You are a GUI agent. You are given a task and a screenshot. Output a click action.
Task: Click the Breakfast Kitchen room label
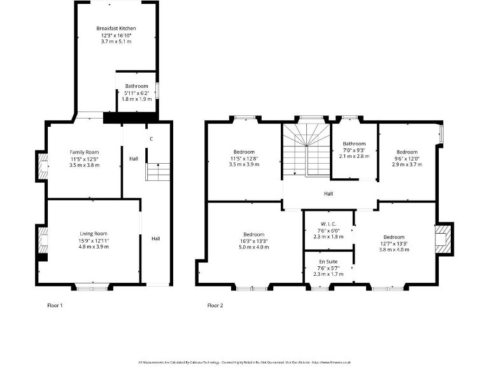[x=116, y=29]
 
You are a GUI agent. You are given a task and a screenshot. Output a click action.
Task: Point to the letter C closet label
[x=151, y=139]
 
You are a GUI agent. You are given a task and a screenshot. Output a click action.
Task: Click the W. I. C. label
[x=328, y=223]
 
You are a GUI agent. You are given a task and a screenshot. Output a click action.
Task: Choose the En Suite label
[x=328, y=261]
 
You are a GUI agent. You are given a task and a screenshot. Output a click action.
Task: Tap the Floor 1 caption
[x=55, y=305]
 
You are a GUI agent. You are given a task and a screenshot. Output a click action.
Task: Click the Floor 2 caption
[x=215, y=305]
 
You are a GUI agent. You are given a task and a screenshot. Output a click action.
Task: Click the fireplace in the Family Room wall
[x=43, y=167]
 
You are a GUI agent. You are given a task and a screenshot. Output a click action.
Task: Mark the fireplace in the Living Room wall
[x=43, y=242]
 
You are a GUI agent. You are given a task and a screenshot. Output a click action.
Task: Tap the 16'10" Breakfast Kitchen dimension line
[x=116, y=35]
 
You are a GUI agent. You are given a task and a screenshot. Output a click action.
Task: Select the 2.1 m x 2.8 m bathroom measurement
[x=354, y=156]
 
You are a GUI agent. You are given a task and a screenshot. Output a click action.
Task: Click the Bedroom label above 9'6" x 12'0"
[x=407, y=152]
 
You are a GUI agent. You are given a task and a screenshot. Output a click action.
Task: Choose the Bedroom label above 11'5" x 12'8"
[x=244, y=152]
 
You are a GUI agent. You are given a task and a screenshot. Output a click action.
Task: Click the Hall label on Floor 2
[x=328, y=194]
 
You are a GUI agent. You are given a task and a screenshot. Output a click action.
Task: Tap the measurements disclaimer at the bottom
[x=244, y=362]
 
